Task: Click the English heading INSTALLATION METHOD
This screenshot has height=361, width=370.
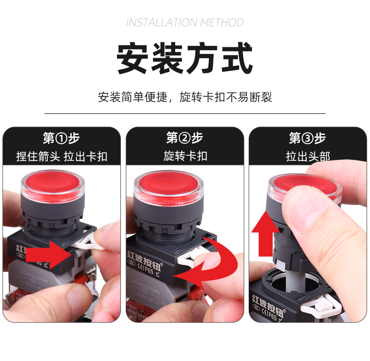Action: (185, 23)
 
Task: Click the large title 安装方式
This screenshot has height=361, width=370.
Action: (185, 59)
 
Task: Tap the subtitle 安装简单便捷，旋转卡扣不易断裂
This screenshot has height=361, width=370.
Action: (185, 97)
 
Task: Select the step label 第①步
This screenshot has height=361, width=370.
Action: (61, 138)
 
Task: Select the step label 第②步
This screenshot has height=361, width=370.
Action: (185, 138)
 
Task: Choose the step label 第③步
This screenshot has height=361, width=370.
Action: (307, 138)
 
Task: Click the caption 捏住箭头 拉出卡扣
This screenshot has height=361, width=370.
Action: (61, 156)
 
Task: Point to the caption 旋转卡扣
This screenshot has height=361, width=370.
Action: (185, 156)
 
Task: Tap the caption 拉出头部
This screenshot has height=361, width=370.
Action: (307, 156)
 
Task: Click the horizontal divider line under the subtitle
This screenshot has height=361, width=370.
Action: (185, 113)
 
